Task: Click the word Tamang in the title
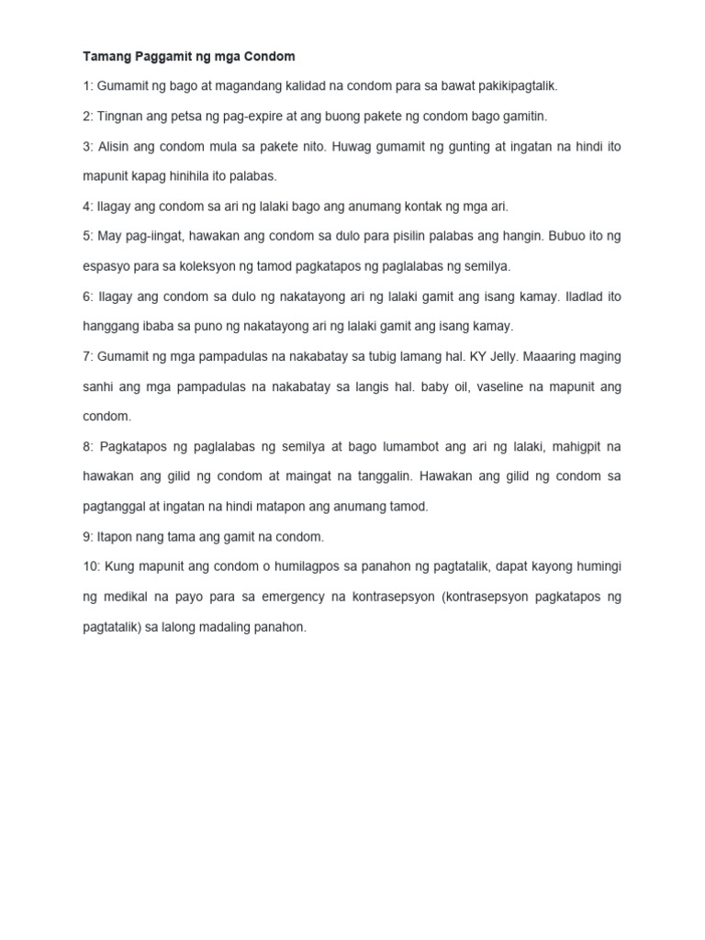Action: [x=105, y=57]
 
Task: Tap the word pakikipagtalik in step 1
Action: [x=516, y=86]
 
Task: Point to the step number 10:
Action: [x=94, y=566]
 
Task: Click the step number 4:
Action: [x=90, y=207]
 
